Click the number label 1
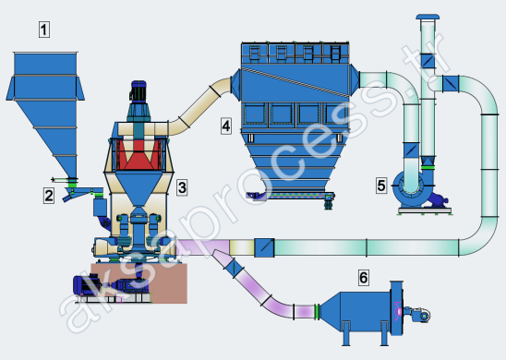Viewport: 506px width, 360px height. click(x=44, y=30)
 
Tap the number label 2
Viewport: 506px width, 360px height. click(x=49, y=196)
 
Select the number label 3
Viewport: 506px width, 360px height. click(x=182, y=187)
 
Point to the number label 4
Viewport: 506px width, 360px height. click(x=226, y=126)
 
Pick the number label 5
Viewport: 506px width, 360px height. click(x=381, y=186)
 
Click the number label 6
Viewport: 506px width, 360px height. click(x=364, y=278)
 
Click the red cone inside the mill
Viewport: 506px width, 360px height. click(x=139, y=154)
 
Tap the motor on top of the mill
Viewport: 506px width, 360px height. click(x=139, y=91)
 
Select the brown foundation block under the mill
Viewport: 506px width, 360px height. click(x=139, y=283)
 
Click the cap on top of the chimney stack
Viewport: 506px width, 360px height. click(x=428, y=17)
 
